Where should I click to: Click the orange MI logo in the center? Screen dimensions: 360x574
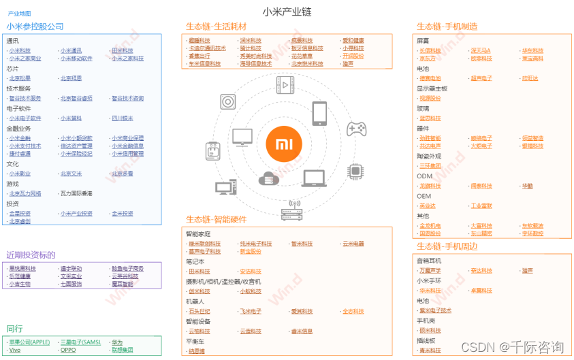(x=287, y=144)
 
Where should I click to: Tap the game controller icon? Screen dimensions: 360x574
(x=357, y=129)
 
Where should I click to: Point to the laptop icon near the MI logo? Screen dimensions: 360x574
(x=313, y=178)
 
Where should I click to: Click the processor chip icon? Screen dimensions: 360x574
(x=355, y=170)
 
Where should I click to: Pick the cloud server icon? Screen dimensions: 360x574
(x=270, y=179)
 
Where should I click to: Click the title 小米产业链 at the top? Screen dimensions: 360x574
(x=287, y=12)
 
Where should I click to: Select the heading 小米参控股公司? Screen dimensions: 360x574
(x=35, y=27)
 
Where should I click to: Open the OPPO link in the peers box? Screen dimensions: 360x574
(x=68, y=350)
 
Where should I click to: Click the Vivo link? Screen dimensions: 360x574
(x=15, y=350)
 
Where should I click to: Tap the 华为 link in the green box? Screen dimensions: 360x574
(x=118, y=342)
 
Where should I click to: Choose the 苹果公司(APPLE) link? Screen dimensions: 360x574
(x=29, y=342)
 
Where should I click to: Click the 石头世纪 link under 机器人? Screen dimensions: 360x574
(x=200, y=311)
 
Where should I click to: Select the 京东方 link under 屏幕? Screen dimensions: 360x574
(x=428, y=59)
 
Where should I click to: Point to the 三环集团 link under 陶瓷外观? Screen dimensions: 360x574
(x=430, y=165)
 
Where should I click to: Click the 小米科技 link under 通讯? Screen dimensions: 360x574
(x=20, y=50)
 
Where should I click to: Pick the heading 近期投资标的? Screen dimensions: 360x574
(x=31, y=255)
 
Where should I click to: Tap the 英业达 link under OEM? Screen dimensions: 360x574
(x=428, y=206)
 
